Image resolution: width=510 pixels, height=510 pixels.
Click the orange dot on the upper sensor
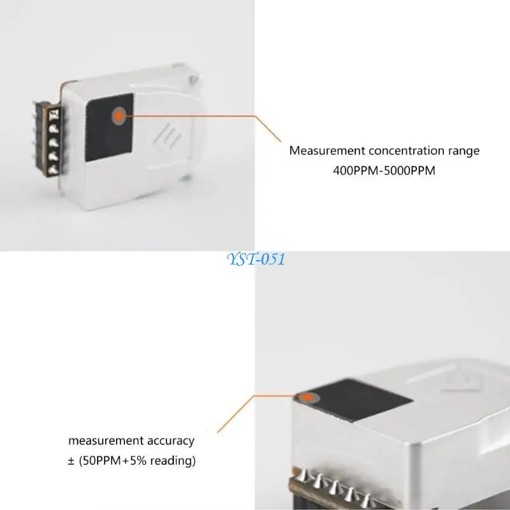point(118,115)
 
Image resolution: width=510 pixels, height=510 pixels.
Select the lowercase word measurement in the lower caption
point(106,441)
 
